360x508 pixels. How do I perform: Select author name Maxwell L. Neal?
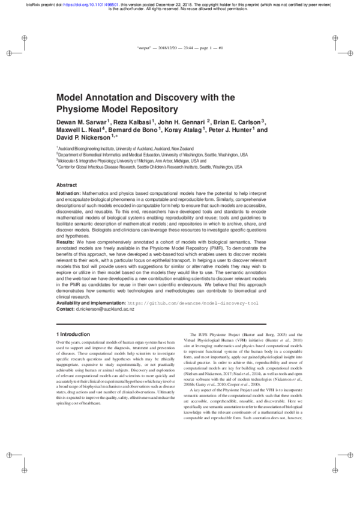point(79,130)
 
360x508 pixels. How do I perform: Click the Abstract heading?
point(67,185)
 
